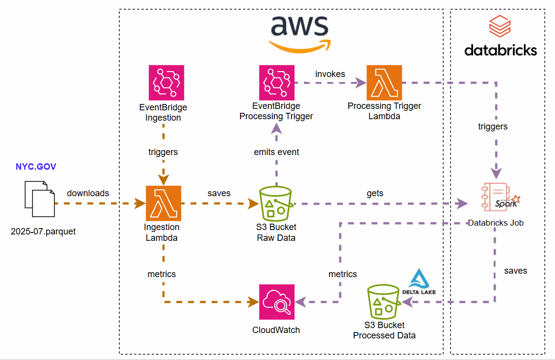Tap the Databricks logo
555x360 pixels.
click(500, 37)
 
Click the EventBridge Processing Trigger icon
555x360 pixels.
click(276, 83)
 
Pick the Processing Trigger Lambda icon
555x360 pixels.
click(384, 83)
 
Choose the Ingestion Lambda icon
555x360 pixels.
click(163, 203)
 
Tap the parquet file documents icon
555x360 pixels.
click(38, 198)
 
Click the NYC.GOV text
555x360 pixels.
click(36, 167)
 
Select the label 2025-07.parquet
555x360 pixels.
click(43, 231)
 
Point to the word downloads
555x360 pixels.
click(88, 193)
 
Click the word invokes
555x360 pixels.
click(330, 74)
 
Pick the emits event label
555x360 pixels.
click(276, 152)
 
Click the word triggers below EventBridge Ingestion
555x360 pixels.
click(163, 152)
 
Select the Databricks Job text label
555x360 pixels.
click(496, 223)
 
